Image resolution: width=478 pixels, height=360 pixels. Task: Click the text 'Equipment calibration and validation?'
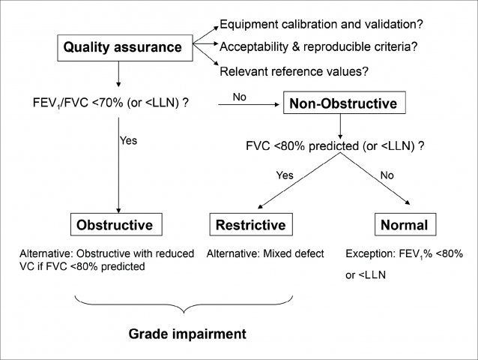[x=321, y=24]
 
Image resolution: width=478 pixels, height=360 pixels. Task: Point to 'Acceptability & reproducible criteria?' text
[x=318, y=46]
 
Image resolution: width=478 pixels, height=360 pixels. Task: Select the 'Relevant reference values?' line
[x=294, y=71]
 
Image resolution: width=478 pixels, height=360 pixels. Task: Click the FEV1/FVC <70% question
[x=111, y=103]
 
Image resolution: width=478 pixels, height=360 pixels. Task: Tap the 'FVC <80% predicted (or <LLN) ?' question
[x=335, y=146]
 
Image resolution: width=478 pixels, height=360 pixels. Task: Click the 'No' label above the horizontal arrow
[x=240, y=97]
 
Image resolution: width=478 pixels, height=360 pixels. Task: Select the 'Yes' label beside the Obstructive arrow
[x=128, y=141]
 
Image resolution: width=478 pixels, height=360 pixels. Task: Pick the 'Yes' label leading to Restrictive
[x=285, y=175]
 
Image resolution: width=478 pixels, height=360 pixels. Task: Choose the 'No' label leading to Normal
[x=387, y=175]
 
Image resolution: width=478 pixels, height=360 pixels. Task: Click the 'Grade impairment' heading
[x=187, y=334]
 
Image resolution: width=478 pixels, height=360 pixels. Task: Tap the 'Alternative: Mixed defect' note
[x=265, y=253]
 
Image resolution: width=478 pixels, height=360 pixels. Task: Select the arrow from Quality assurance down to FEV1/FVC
[x=118, y=74]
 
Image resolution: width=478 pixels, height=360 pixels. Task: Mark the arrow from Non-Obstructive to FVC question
[x=340, y=127]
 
